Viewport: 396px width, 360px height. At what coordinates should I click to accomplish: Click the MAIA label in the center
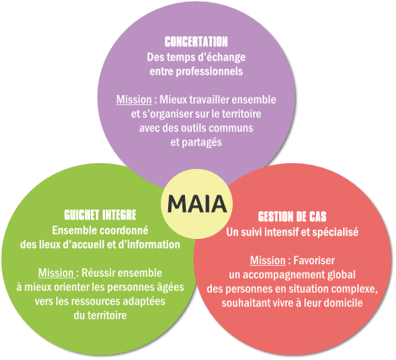point(197,204)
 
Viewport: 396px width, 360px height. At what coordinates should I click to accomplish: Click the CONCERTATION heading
point(196,42)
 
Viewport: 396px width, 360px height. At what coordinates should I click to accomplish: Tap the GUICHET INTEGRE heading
point(100,215)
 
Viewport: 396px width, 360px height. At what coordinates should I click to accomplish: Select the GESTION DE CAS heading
point(293,216)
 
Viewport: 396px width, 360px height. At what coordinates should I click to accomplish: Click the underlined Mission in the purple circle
point(134,99)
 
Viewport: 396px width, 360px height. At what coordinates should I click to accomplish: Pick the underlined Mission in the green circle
point(56,273)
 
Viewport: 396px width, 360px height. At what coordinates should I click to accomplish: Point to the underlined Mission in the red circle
point(267,261)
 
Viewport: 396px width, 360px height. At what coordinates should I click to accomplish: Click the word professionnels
point(209,71)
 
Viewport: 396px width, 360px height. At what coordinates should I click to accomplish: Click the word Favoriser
point(314,261)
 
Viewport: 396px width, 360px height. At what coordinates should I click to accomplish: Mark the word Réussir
point(98,273)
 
